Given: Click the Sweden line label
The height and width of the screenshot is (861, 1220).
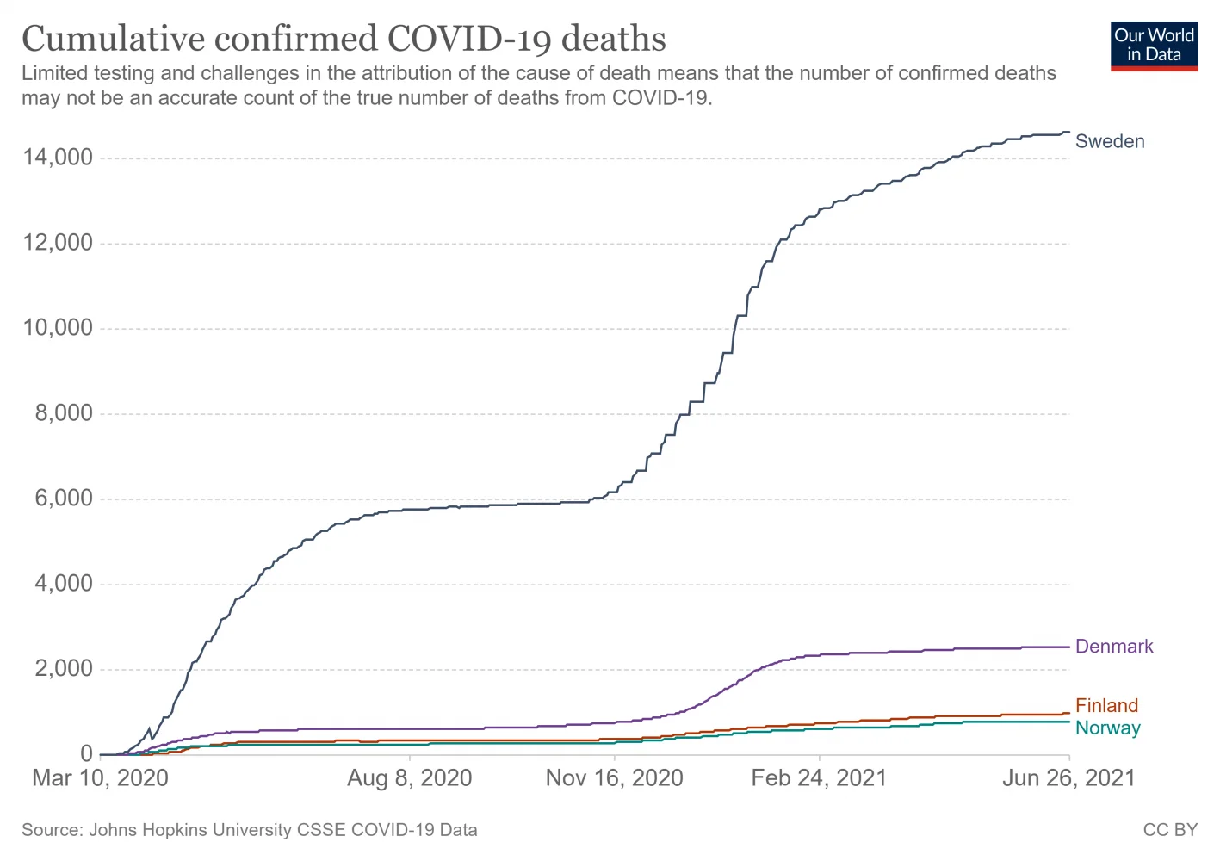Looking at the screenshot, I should [1110, 141].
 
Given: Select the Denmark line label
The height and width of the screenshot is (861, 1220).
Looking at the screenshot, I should [1114, 647].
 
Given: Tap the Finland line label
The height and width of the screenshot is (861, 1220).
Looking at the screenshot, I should [1106, 706].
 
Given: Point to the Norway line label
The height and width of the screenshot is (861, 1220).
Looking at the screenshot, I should [1107, 728].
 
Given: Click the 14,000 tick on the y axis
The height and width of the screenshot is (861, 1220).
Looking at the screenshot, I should [59, 158].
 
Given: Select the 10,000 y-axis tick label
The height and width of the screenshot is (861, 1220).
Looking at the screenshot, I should [59, 328].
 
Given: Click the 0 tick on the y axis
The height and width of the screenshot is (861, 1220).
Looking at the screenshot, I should [86, 754].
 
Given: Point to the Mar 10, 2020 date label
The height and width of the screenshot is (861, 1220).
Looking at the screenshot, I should [100, 778].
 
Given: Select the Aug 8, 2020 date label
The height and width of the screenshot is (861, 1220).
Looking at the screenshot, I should [410, 778].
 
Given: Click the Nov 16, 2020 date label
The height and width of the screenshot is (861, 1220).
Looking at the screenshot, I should [615, 778].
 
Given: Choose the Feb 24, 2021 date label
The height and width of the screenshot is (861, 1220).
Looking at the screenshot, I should [819, 778].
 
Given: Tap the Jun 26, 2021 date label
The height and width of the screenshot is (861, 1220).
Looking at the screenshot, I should [1068, 778].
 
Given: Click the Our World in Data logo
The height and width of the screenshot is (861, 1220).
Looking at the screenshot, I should [1154, 46].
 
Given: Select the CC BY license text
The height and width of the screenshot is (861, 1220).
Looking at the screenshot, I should [1170, 830].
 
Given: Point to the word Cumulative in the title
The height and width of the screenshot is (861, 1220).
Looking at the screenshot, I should [114, 40].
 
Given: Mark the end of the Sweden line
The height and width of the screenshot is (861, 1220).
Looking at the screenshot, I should [1069, 132].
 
